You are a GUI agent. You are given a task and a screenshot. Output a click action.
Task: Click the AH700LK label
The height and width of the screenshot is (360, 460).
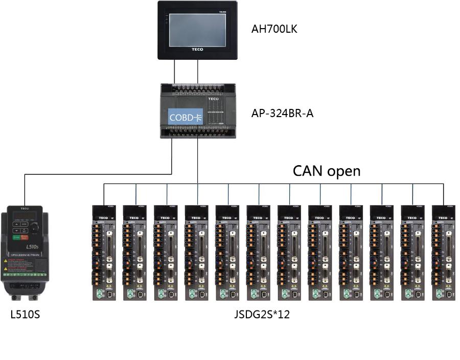click(274, 29)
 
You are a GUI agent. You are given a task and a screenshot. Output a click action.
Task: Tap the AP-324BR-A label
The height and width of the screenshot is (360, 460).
click(282, 114)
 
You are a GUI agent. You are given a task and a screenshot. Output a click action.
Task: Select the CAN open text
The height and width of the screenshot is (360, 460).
click(327, 171)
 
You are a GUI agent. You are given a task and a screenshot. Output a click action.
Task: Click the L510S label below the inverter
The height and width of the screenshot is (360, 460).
click(25, 314)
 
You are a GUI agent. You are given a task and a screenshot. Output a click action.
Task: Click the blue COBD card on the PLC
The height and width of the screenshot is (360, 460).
click(186, 117)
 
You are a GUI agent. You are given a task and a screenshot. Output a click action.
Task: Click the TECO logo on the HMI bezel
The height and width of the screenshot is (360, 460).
click(197, 50)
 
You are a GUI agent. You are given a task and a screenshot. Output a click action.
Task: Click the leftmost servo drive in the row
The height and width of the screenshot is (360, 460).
click(104, 253)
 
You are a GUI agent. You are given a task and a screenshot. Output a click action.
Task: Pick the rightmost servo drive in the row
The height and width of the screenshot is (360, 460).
click(444, 253)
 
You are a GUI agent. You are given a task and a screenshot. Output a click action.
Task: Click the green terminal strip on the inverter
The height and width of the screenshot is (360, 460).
click(25, 275)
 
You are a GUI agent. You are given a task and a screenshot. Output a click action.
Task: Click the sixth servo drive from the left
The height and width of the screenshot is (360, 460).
click(259, 253)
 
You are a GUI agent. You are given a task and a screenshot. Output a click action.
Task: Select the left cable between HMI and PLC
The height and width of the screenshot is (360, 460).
click(175, 72)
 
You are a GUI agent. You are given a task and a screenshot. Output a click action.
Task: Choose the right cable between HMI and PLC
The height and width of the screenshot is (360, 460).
click(198, 72)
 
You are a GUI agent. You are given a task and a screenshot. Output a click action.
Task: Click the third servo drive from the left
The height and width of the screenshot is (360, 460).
click(166, 253)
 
